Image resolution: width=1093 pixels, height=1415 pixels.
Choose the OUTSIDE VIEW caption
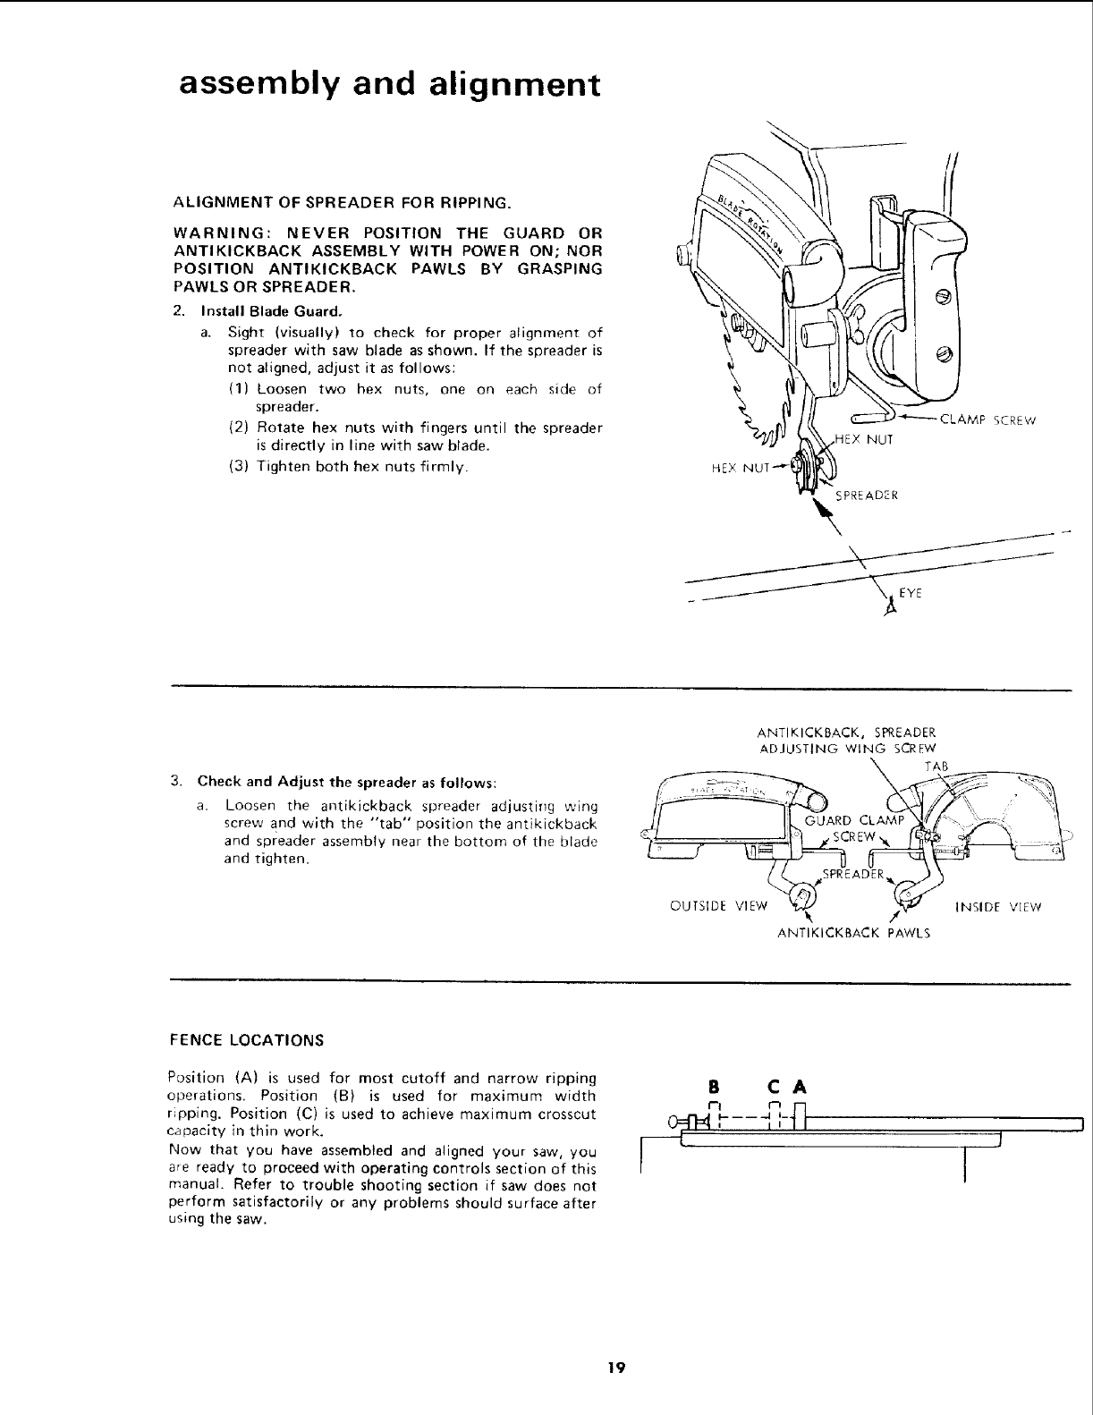coord(719,907)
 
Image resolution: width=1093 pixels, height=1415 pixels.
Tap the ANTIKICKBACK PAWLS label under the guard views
coord(853,933)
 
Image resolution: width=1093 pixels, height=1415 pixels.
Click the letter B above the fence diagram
coord(713,1088)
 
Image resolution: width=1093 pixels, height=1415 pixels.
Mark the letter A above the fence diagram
coord(801,1088)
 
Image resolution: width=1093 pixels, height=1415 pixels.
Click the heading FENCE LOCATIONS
coord(246,1040)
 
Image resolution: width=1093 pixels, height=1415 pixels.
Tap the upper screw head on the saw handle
coord(941,296)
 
